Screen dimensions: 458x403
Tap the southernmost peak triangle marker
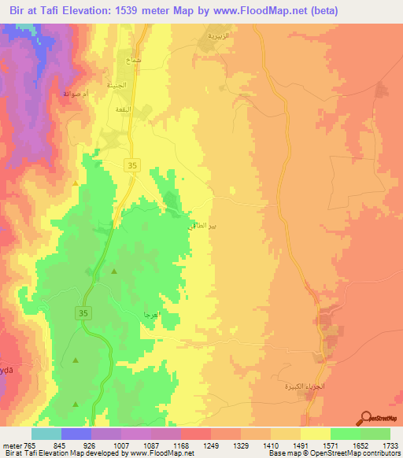point(76,404)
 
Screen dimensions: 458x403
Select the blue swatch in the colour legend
point(76,434)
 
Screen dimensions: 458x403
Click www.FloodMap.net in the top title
point(267,11)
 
